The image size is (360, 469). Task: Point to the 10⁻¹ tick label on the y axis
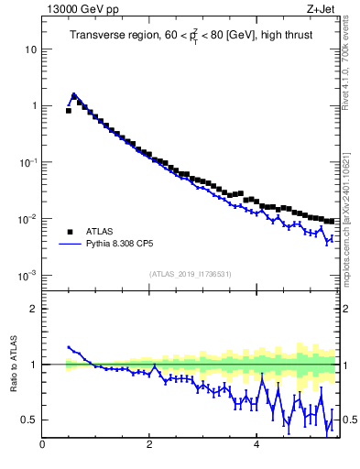tap(27, 162)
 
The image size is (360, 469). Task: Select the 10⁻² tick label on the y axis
tap(27, 219)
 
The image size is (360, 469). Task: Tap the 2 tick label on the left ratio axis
tap(34, 309)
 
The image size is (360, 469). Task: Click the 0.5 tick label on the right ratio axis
tap(350, 420)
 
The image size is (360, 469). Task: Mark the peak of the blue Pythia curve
tap(73, 94)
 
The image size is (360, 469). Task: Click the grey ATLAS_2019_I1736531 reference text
tap(191, 274)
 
